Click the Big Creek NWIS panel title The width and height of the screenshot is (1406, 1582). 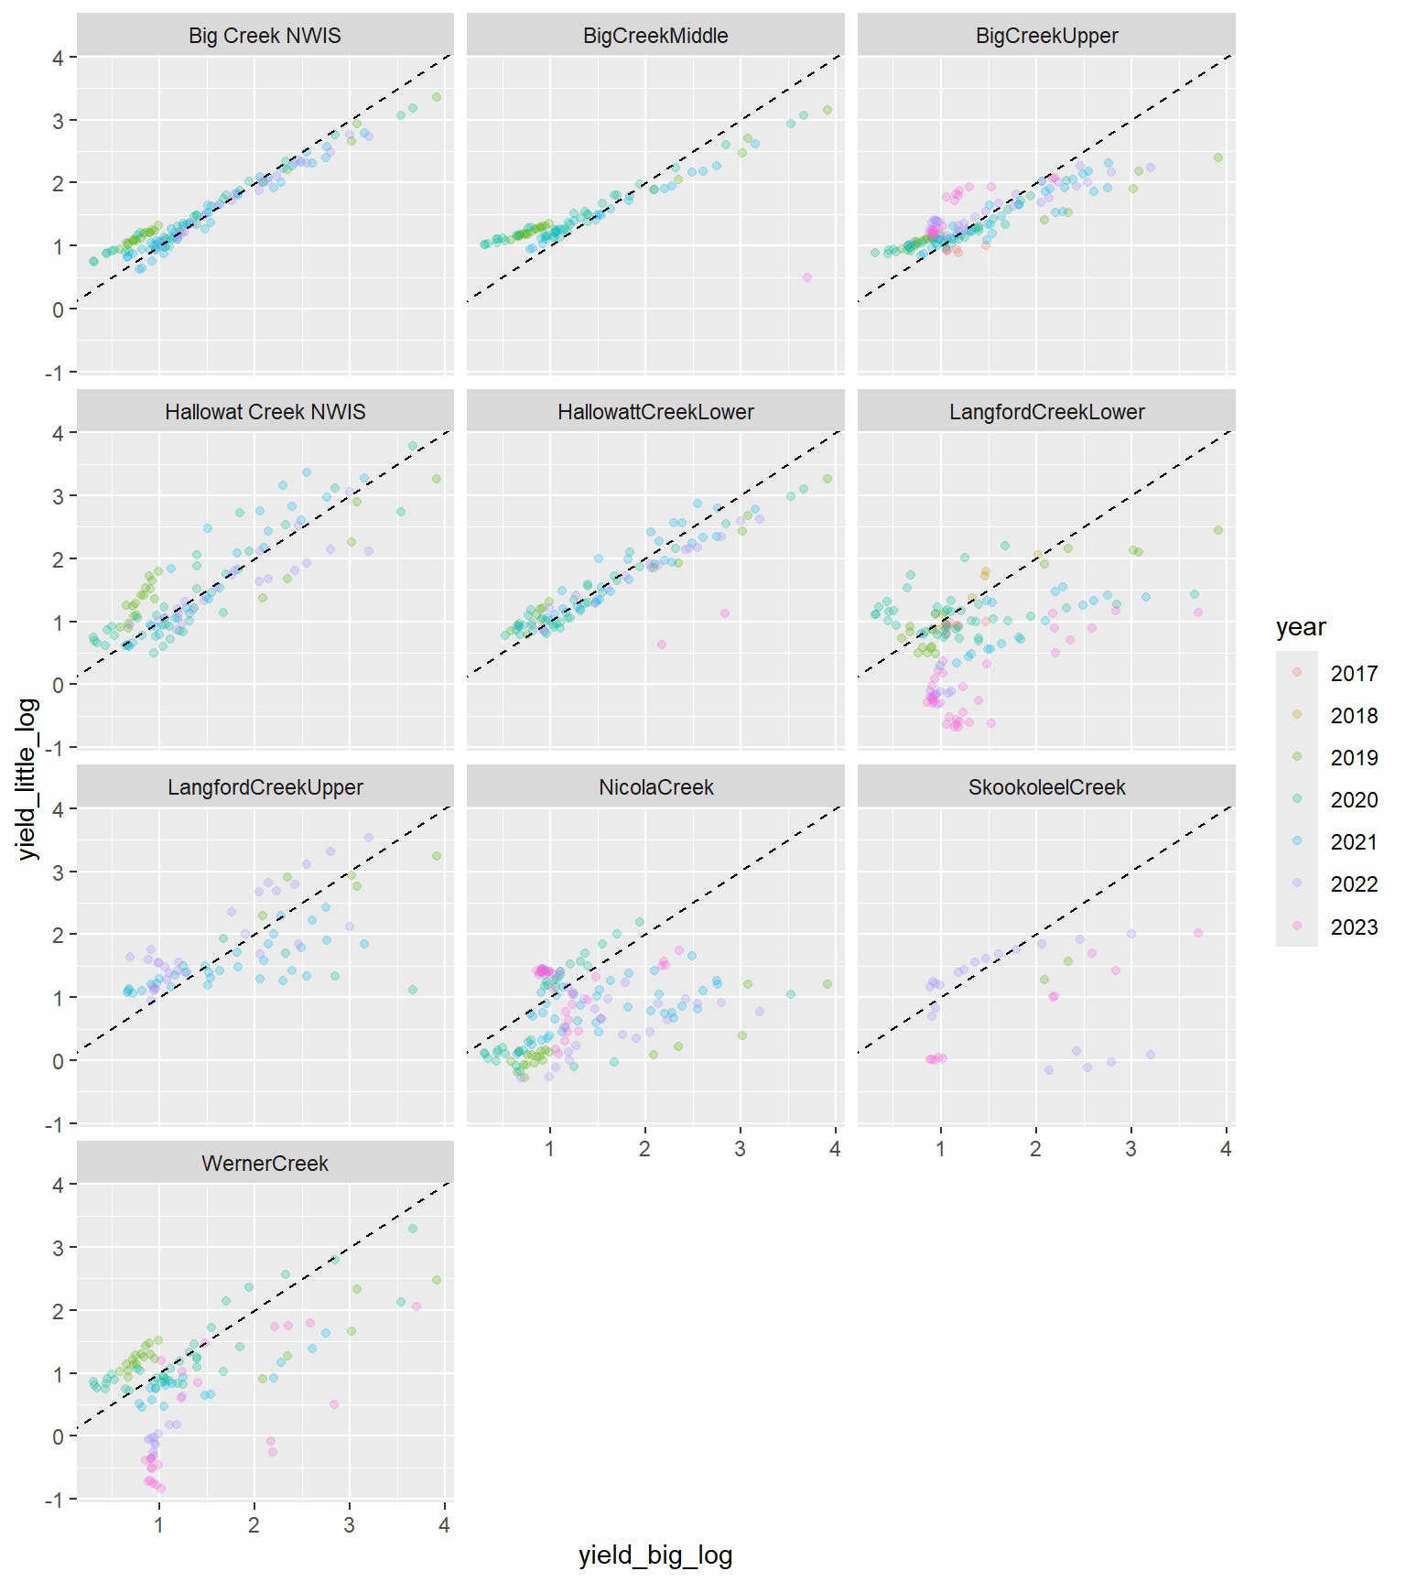(x=265, y=36)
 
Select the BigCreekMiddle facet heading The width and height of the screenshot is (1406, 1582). (x=655, y=36)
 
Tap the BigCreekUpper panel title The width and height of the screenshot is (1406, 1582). (x=1046, y=36)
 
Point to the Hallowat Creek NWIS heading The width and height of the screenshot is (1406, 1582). (x=265, y=412)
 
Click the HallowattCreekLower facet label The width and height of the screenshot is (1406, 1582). (x=655, y=412)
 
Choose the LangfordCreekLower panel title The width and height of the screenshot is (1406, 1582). (x=1046, y=412)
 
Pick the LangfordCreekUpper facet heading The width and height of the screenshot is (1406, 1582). (x=265, y=787)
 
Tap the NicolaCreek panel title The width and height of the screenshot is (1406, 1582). (x=655, y=787)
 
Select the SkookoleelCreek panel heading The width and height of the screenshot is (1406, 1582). (x=1046, y=787)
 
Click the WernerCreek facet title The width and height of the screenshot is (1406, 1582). (x=265, y=1164)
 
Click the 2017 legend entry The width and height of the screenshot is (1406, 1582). (x=1353, y=674)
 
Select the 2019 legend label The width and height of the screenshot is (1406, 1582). (x=1353, y=758)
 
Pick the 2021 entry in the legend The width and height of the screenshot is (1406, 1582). (x=1353, y=842)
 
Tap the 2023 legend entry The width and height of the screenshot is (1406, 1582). (x=1353, y=927)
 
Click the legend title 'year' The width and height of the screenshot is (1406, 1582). (x=1301, y=627)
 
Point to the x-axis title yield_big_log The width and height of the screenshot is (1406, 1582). (x=655, y=1555)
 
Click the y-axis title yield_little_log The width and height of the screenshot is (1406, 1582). (x=28, y=779)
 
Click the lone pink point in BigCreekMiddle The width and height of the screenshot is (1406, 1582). (x=806, y=277)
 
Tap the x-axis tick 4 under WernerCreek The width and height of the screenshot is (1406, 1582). (x=444, y=1525)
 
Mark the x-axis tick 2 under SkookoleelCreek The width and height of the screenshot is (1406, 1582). (x=1035, y=1149)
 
